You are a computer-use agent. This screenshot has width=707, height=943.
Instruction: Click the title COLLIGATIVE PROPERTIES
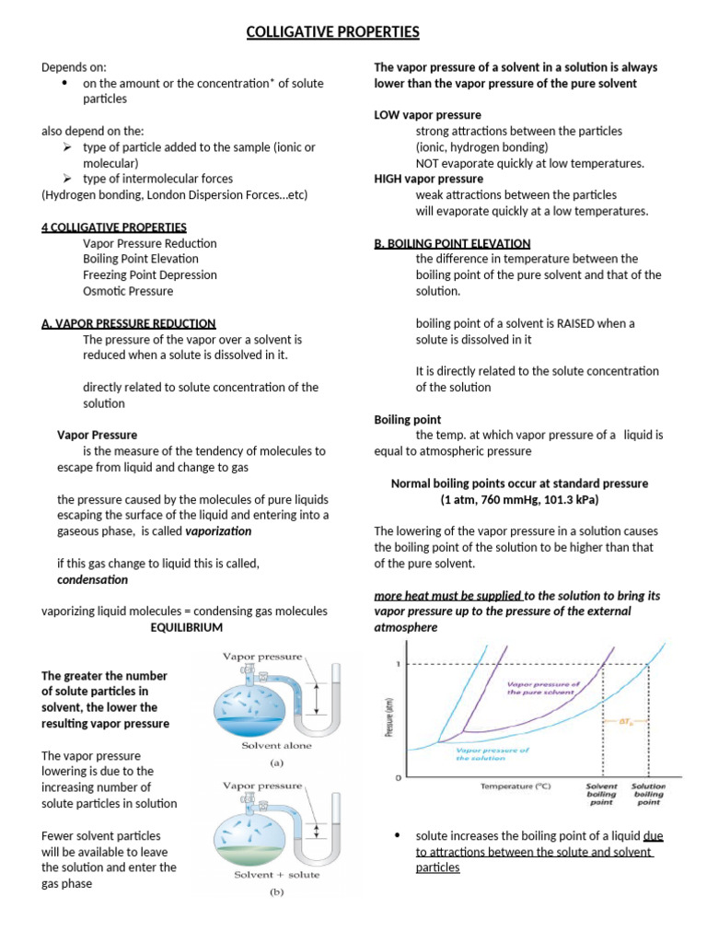pos(332,33)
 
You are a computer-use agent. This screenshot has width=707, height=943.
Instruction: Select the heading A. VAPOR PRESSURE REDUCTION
pos(129,323)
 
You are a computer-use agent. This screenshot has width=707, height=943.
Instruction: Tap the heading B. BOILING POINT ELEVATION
pos(452,243)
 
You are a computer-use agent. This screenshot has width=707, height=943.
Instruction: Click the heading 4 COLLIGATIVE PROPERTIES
pos(114,227)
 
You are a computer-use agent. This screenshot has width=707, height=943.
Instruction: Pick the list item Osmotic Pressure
pos(128,291)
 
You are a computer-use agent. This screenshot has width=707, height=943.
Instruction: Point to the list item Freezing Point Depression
pos(150,274)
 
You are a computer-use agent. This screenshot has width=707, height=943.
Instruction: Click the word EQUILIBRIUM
pos(187,627)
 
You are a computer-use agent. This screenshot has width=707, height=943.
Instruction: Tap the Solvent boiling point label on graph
pos(601,794)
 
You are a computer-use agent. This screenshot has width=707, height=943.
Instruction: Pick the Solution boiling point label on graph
pos(648,794)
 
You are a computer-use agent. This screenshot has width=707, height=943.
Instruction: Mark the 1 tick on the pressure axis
pos(397,664)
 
